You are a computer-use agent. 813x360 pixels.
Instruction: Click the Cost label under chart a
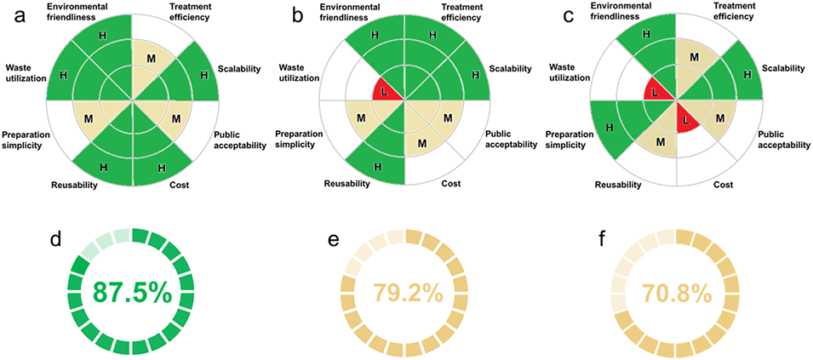180,185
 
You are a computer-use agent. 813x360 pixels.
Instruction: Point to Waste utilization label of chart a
30,73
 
